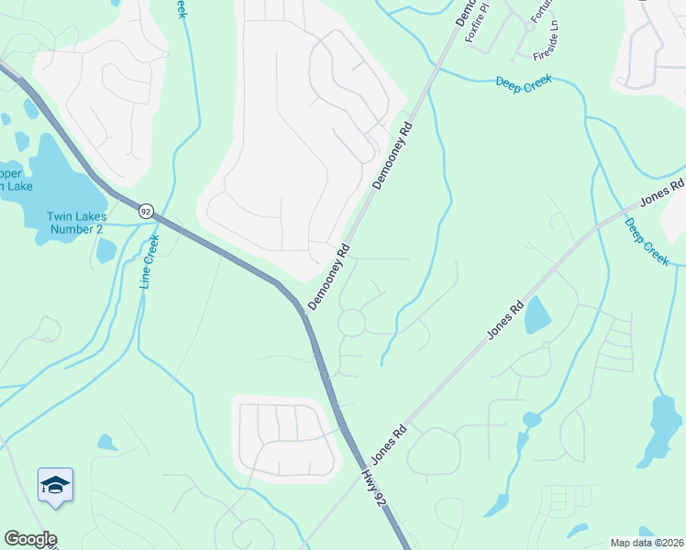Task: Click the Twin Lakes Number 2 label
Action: pyautogui.click(x=76, y=223)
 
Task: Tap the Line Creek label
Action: pyautogui.click(x=149, y=261)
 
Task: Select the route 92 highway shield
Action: pyautogui.click(x=146, y=212)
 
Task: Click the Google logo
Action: pyautogui.click(x=30, y=539)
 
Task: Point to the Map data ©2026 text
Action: pyautogui.click(x=647, y=543)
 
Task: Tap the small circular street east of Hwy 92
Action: pyautogui.click(x=352, y=323)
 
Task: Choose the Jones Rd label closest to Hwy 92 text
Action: pyautogui.click(x=388, y=444)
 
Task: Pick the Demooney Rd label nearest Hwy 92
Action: pyautogui.click(x=329, y=276)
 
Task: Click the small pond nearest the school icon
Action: pyautogui.click(x=107, y=444)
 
